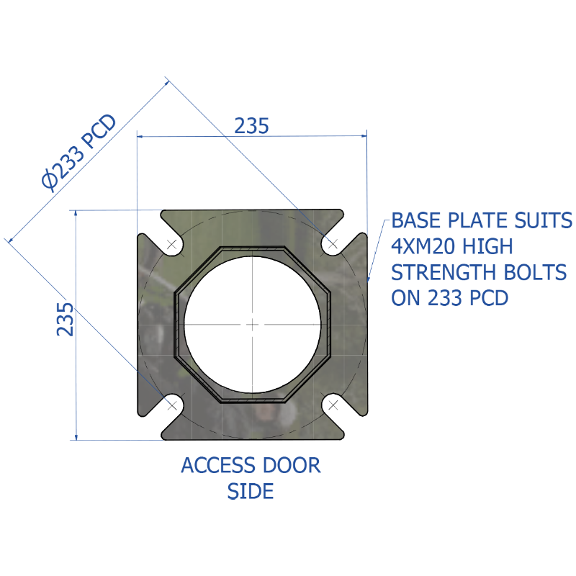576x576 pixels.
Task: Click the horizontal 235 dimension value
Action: tap(251, 126)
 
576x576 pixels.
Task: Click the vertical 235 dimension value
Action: tap(65, 319)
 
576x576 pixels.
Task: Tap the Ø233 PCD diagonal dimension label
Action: tap(79, 153)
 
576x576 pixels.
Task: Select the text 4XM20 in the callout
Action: tap(423, 246)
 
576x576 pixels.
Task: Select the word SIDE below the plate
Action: tap(251, 491)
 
